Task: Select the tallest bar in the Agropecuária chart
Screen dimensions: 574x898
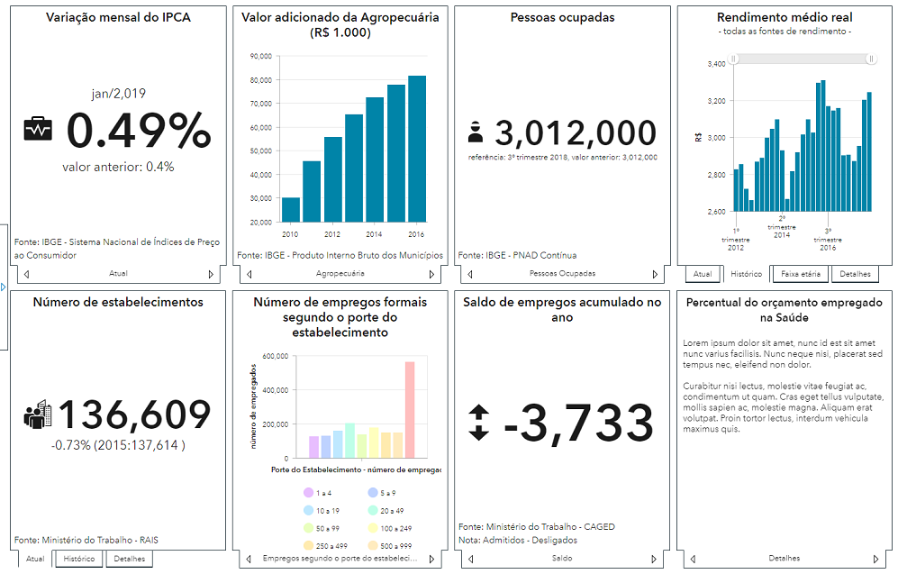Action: (417, 149)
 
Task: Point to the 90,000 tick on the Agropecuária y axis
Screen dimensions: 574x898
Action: (260, 56)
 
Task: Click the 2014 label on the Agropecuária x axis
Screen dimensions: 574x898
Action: (374, 232)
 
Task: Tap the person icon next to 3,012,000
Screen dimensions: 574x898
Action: (476, 133)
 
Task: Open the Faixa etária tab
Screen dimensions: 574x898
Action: (802, 274)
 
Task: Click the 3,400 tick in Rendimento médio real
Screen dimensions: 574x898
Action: (716, 64)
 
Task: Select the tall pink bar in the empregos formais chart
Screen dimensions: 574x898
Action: (410, 410)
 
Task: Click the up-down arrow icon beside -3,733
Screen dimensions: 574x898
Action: (479, 422)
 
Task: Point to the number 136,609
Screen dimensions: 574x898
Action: (134, 415)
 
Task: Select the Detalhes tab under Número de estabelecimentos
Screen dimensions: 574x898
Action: (129, 559)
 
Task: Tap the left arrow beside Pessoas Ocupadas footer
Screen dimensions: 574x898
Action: (467, 273)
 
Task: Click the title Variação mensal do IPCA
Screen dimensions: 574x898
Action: (118, 17)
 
